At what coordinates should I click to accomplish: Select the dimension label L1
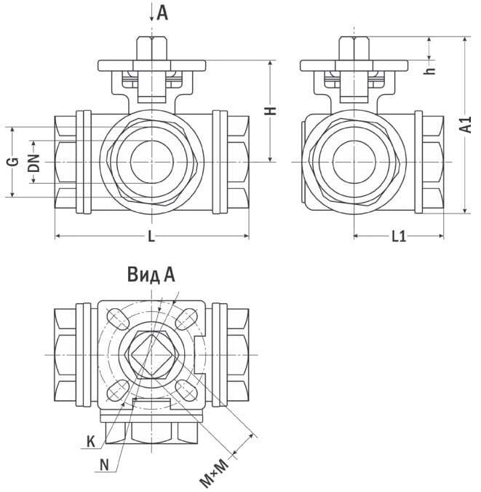click(398, 236)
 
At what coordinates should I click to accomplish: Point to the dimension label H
click(269, 112)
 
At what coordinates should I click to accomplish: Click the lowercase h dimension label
click(430, 71)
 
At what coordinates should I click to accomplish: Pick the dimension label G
click(12, 161)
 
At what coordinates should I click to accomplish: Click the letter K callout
click(90, 440)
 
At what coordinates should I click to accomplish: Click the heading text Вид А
click(151, 275)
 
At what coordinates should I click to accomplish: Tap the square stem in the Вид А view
click(151, 354)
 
